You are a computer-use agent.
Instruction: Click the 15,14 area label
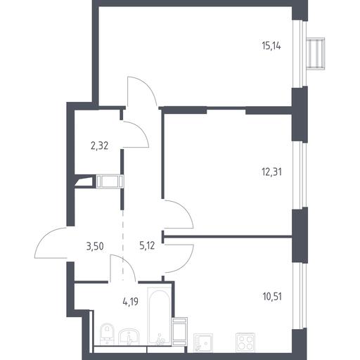coord(271,46)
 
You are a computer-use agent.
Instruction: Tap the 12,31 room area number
coord(271,172)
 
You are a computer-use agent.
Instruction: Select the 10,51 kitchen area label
coord(272,297)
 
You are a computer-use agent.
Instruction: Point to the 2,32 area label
coord(99,146)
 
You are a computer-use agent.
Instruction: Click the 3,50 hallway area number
coord(95,246)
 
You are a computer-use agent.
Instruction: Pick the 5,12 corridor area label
coord(147,246)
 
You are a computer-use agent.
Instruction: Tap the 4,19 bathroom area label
coord(130,302)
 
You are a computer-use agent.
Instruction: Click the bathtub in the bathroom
coord(159,316)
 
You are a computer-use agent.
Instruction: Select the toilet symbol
coord(107,334)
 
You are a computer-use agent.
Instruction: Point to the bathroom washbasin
coord(129,337)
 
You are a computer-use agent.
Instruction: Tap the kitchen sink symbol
coord(203,342)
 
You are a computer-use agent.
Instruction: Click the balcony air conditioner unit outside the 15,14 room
coord(316,53)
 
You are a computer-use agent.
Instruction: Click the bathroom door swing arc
coord(128,262)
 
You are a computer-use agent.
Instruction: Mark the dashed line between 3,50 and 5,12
coord(123,245)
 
